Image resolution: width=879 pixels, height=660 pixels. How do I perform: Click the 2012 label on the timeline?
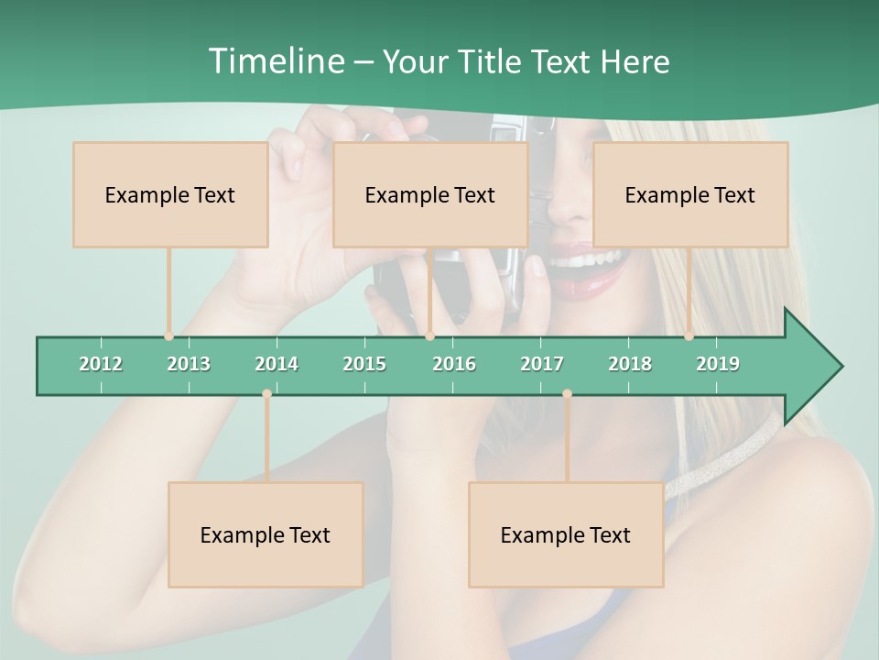click(101, 364)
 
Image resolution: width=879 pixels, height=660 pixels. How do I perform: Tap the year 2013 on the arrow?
click(189, 364)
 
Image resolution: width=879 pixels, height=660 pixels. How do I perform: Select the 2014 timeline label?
click(277, 364)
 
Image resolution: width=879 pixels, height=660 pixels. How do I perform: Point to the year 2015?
click(364, 364)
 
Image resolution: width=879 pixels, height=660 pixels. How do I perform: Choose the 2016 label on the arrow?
click(454, 364)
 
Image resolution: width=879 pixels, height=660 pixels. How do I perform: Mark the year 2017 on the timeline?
click(542, 364)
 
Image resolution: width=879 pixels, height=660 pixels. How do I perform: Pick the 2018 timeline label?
click(630, 364)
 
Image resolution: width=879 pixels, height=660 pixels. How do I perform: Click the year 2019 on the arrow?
click(718, 364)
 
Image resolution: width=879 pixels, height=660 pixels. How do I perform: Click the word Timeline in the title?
click(275, 61)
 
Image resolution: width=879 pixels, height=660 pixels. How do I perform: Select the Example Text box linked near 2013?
click(170, 194)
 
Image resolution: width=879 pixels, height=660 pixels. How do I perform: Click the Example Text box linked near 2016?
click(430, 194)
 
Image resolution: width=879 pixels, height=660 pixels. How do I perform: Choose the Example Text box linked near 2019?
click(690, 194)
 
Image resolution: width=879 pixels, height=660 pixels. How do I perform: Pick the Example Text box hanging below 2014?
click(266, 534)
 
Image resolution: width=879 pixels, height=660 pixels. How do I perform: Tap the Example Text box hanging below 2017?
click(566, 534)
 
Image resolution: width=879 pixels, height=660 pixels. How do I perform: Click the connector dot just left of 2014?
click(266, 394)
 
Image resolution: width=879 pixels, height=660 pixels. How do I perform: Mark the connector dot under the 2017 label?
click(567, 394)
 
